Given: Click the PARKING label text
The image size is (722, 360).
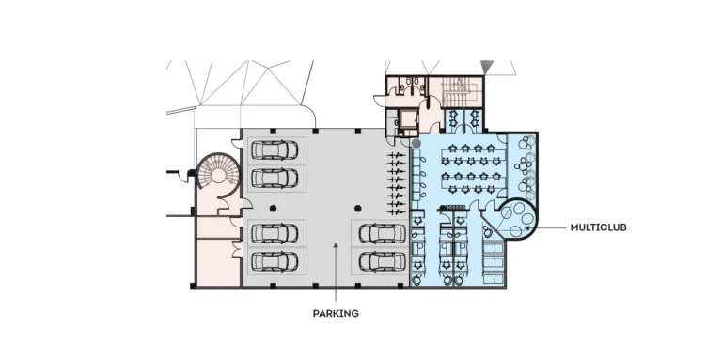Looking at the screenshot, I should pos(336,313).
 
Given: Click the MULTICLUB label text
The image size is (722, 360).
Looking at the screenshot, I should pos(598,227).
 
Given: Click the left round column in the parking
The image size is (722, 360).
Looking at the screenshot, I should pos(273,207).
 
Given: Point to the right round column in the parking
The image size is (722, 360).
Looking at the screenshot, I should pos(357,207).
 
